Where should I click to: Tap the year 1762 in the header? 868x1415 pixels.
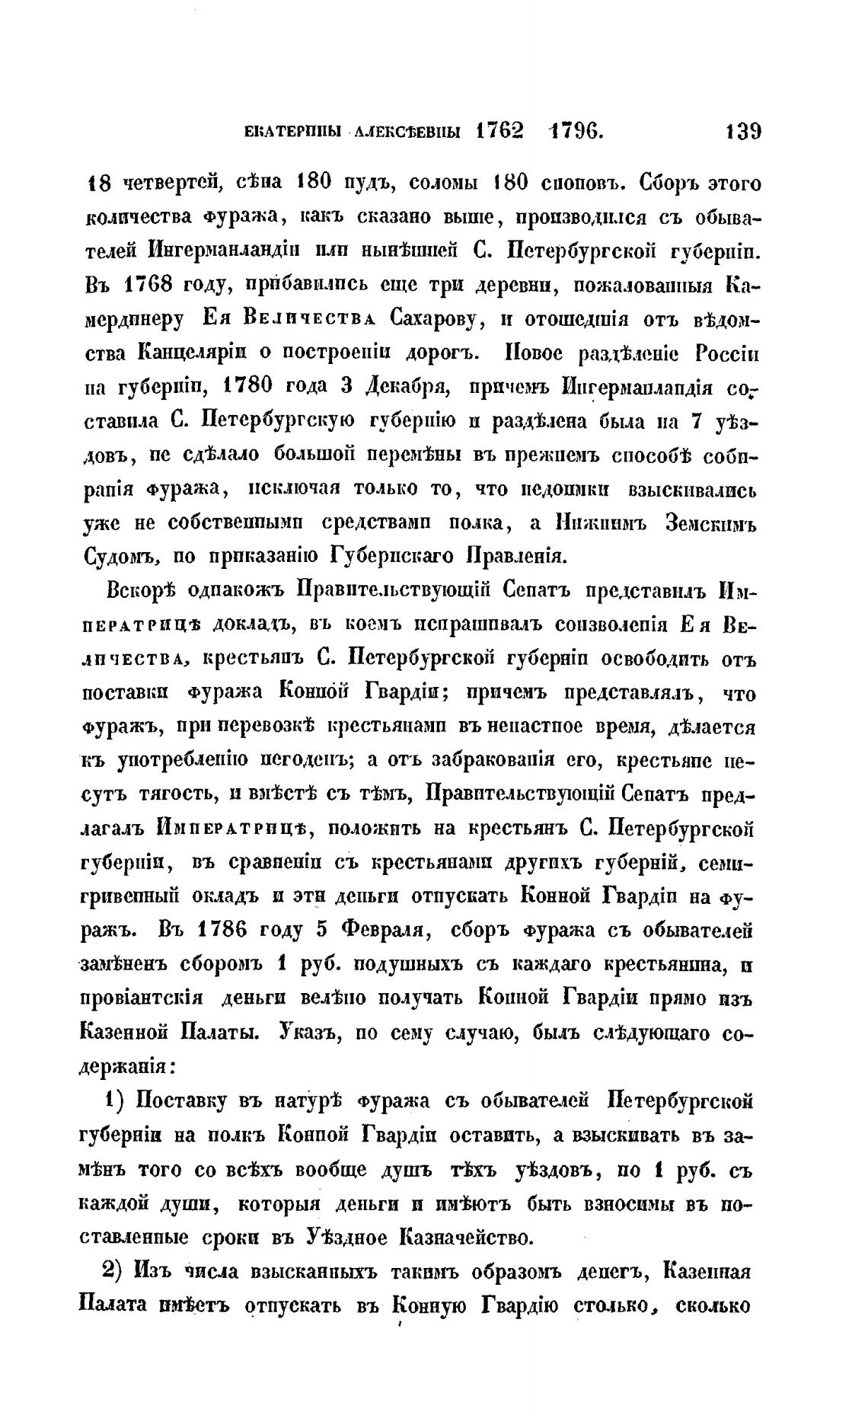pos(499,131)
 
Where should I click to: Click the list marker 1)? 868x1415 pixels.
pos(119,1100)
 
